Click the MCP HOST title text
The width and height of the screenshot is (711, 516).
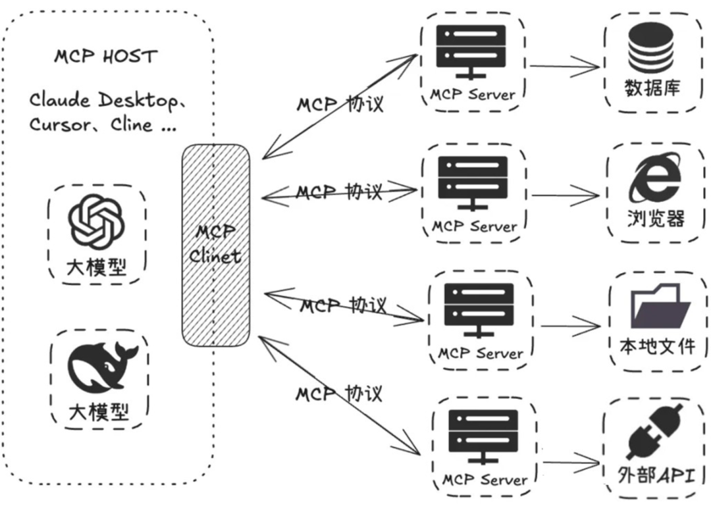click(105, 57)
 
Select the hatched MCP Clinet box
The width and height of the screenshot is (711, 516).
click(216, 246)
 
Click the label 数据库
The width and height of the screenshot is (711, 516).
click(652, 88)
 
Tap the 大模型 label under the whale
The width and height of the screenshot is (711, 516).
click(99, 411)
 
